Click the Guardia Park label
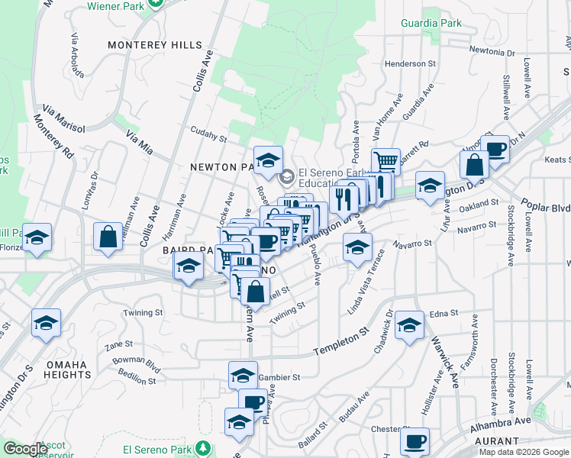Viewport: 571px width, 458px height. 432,24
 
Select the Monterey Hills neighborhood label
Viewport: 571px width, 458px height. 155,45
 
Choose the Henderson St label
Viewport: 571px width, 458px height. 411,64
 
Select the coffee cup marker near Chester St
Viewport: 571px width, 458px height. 415,441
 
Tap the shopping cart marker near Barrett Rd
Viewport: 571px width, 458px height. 386,161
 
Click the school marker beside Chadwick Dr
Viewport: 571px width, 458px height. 410,325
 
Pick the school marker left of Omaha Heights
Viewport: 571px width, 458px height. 46,323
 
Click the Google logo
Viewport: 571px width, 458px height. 25,449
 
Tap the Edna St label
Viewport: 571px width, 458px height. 444,313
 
